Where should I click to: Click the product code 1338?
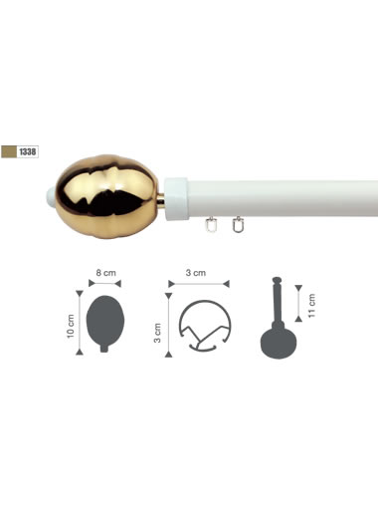[28, 152]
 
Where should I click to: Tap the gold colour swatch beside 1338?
[9, 152]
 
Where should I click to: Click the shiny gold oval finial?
[106, 196]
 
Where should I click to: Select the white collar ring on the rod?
[176, 198]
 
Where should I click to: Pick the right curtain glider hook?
[237, 224]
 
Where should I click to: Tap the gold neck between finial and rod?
[161, 200]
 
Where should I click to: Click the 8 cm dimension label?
[106, 273]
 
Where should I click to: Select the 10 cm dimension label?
[71, 326]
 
